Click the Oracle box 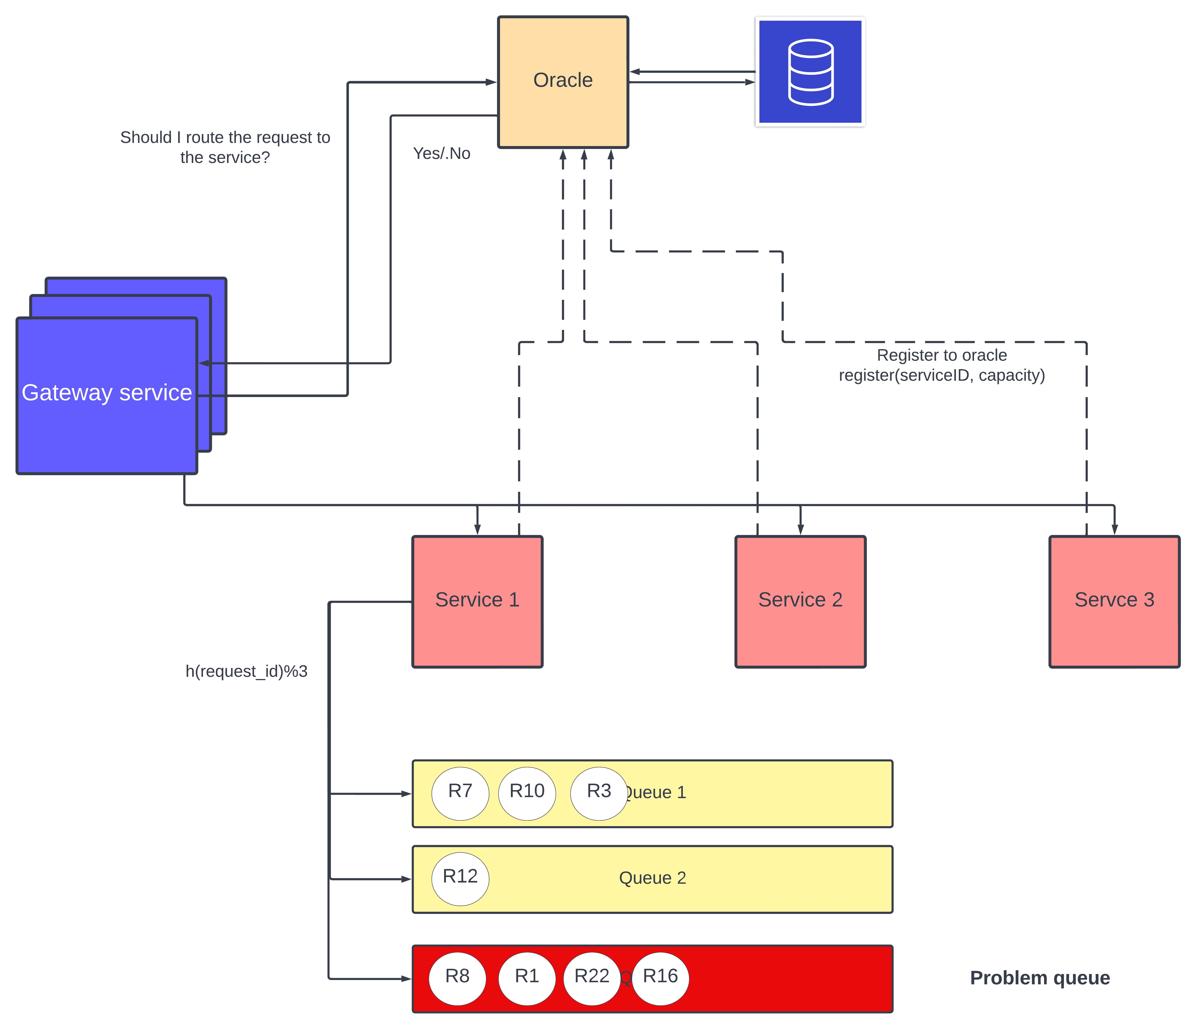pos(563,82)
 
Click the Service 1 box pos(477,601)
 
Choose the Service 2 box pos(800,601)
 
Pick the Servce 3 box pos(1114,601)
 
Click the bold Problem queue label pos(1040,978)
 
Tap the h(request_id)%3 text pos(247,671)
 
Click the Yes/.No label pos(442,154)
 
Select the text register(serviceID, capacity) pos(941,375)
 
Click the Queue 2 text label pos(652,878)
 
